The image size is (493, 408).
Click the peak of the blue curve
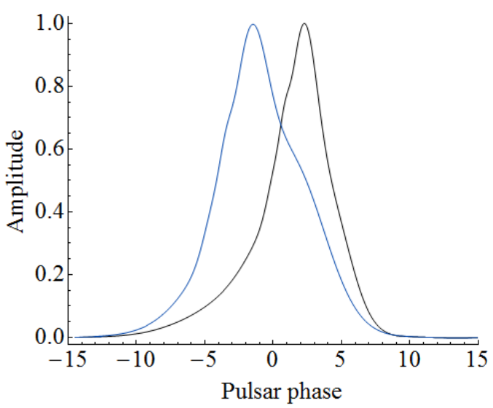(253, 25)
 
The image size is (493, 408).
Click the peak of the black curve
(304, 24)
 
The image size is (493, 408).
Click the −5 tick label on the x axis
(201, 359)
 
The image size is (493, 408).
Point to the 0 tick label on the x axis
(273, 359)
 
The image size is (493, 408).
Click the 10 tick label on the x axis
(410, 359)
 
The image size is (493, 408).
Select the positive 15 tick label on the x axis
(478, 359)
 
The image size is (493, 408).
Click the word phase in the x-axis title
(311, 393)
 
